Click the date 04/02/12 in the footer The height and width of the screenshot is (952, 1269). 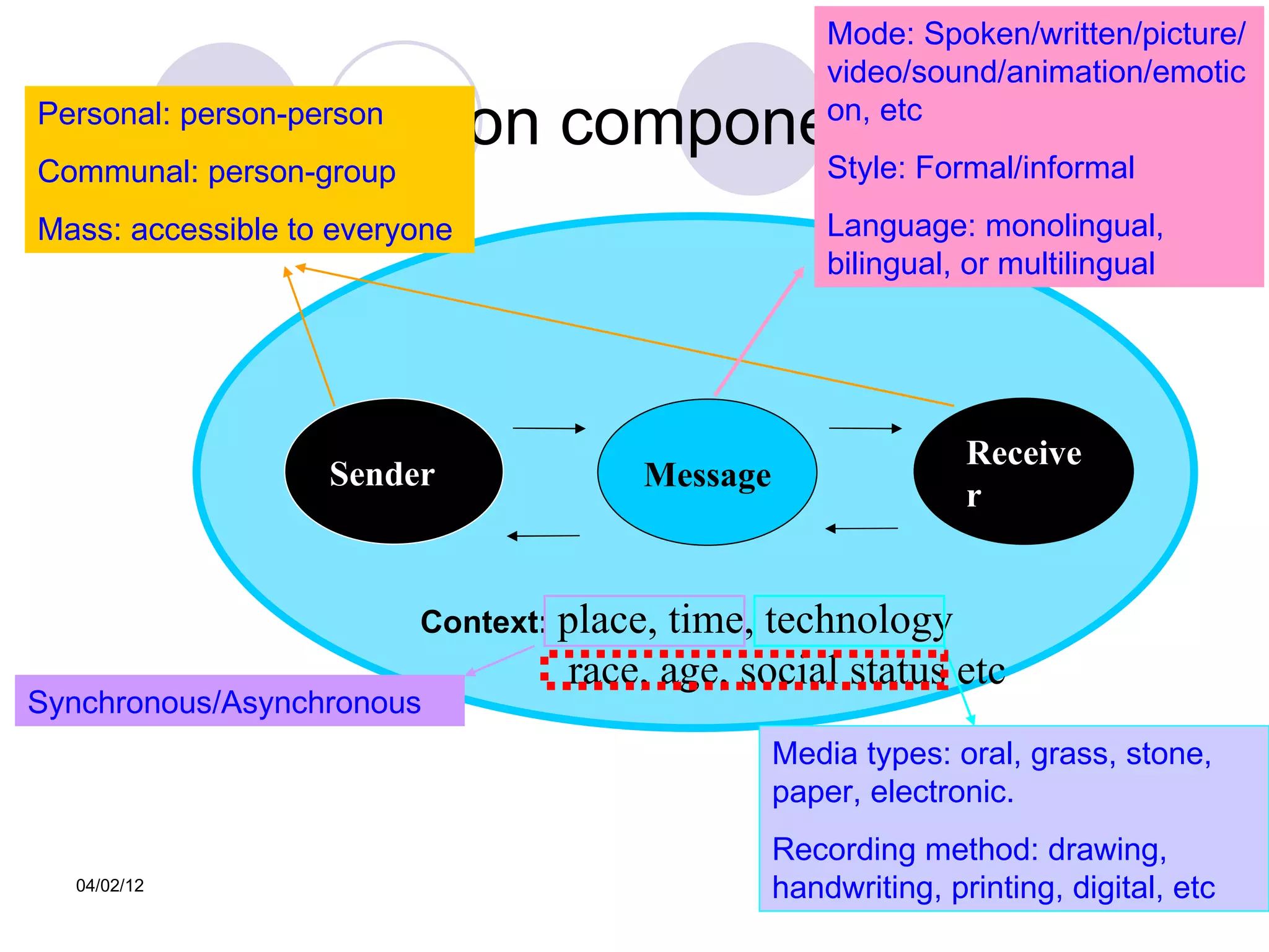tap(110, 885)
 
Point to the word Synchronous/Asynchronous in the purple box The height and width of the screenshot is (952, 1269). tap(224, 703)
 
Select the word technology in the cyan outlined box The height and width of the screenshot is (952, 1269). tap(858, 620)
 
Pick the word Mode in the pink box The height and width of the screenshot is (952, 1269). tap(870, 34)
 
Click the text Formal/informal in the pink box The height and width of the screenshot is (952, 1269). tap(1025, 168)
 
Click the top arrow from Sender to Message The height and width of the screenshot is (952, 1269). tap(548, 428)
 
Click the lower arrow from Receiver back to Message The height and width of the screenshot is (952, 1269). tap(862, 529)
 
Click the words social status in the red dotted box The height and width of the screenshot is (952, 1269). tap(843, 671)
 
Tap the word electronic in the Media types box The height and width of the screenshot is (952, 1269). tap(941, 792)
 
